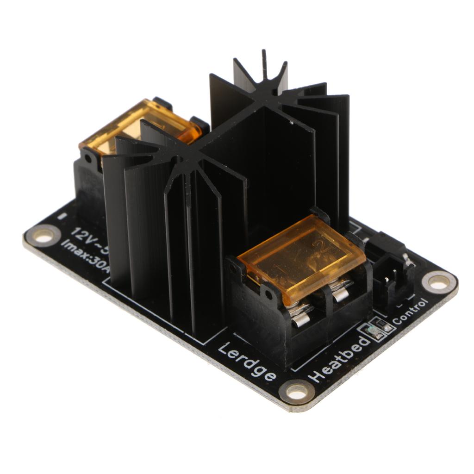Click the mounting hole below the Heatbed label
tap(296, 392)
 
